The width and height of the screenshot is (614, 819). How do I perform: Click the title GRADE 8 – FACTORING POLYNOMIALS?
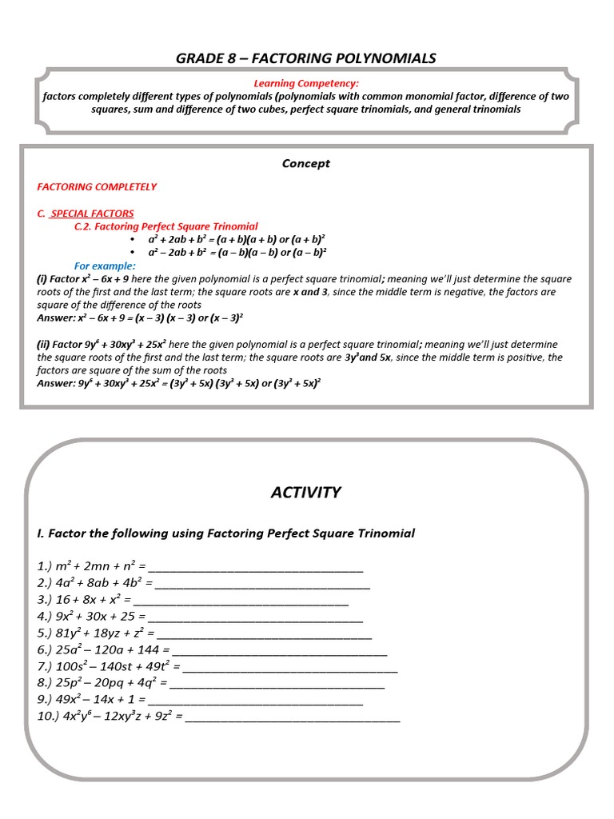306,58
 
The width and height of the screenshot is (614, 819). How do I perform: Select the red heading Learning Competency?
306,83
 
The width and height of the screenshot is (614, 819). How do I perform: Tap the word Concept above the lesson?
305,163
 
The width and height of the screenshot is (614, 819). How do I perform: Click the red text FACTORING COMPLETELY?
97,186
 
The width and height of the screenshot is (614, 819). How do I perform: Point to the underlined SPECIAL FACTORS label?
91,214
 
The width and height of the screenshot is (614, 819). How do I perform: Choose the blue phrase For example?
105,266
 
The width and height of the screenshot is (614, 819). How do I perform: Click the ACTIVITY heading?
305,493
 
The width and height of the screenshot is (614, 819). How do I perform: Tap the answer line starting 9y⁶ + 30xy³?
178,383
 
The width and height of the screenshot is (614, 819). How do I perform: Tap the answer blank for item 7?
290,667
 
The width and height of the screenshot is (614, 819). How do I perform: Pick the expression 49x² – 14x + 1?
93,700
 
